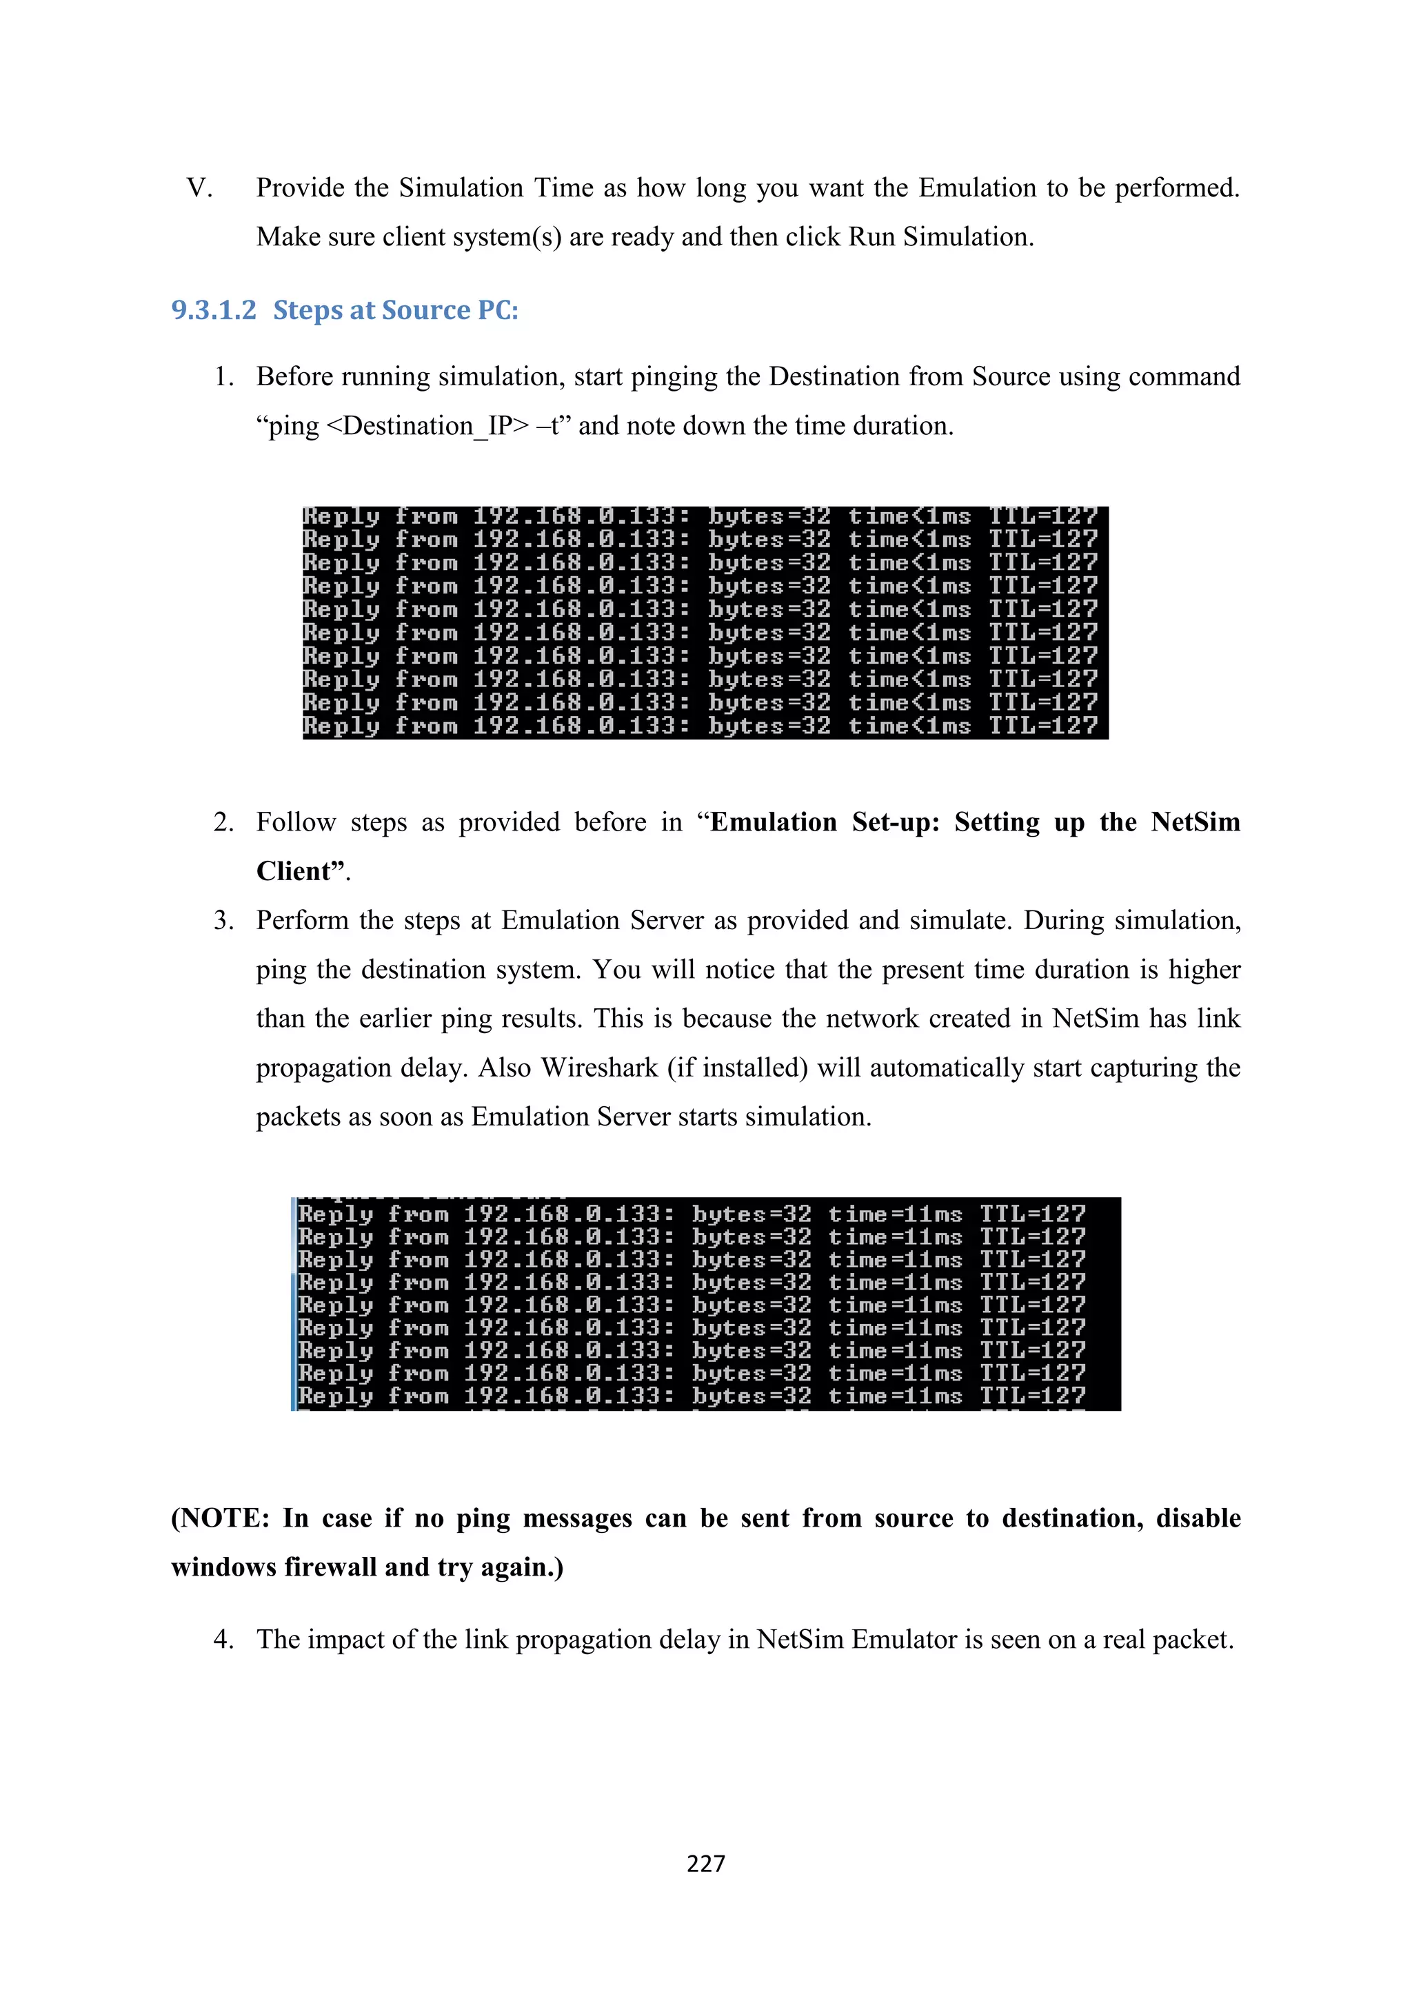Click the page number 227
click(x=705, y=1863)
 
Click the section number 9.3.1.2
click(x=214, y=310)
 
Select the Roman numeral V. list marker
click(x=199, y=187)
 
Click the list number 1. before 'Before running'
click(x=223, y=376)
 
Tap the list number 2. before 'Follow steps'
click(x=223, y=822)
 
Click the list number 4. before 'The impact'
click(x=223, y=1640)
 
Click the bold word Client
click(x=294, y=871)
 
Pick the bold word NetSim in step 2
click(x=1195, y=822)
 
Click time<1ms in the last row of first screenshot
click(x=909, y=726)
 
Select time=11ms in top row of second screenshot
click(x=895, y=1214)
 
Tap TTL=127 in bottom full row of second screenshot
click(x=1033, y=1396)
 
